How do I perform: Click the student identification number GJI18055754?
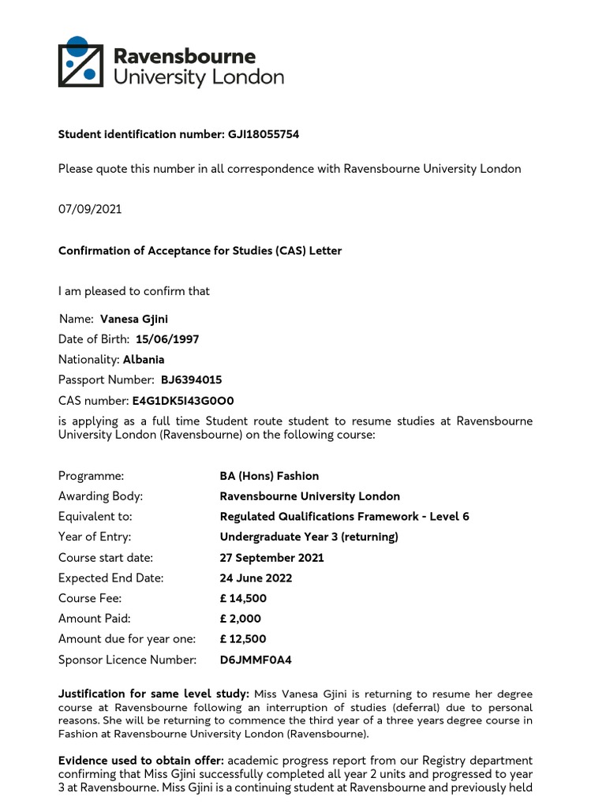pos(263,135)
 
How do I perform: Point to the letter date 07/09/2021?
pos(90,209)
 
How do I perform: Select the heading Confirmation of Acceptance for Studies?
pos(200,251)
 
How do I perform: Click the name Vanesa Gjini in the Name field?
pos(134,320)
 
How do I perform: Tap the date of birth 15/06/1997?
pos(167,339)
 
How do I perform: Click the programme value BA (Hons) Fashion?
pos(269,476)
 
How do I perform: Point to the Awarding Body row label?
pos(100,496)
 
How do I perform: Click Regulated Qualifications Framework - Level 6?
pos(344,517)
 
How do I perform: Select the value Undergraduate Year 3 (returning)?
pos(309,537)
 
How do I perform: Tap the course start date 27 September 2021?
pos(271,558)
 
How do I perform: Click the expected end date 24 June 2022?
pos(256,578)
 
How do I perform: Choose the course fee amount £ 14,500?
pos(243,599)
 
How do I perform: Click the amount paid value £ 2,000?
pos(240,619)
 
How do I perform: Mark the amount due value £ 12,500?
pos(243,639)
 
